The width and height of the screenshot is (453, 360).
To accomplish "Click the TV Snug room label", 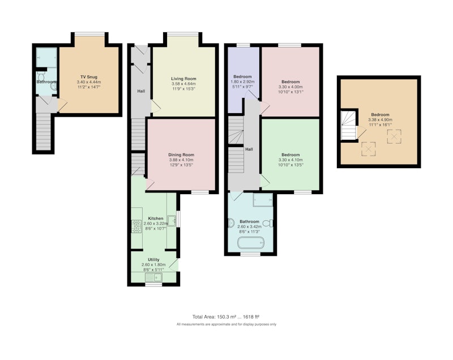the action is click(89, 77).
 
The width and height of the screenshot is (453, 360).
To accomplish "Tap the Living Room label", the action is click(183, 79).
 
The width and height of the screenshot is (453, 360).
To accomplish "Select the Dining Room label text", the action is click(181, 155).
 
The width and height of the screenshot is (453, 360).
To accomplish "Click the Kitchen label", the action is click(155, 218).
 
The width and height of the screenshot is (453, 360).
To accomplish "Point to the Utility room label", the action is click(153, 260).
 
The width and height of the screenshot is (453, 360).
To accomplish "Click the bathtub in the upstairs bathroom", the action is click(251, 243).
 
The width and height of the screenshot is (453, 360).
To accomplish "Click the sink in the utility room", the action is click(153, 277).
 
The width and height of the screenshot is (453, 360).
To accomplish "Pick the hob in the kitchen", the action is click(136, 226).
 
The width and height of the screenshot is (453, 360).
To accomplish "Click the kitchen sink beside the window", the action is click(172, 221).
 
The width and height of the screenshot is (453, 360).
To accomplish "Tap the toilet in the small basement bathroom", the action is click(41, 76).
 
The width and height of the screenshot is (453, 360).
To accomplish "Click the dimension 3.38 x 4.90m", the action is click(380, 120).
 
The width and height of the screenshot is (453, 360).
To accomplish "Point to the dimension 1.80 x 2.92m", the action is click(242, 82).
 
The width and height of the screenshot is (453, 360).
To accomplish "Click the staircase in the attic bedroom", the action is click(349, 125).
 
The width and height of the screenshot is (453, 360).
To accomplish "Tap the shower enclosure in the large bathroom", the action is click(263, 200).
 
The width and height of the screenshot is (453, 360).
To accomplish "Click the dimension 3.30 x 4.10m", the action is click(290, 160).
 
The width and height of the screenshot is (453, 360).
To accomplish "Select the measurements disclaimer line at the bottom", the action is click(226, 324).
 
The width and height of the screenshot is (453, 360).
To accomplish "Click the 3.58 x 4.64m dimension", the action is click(183, 84).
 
